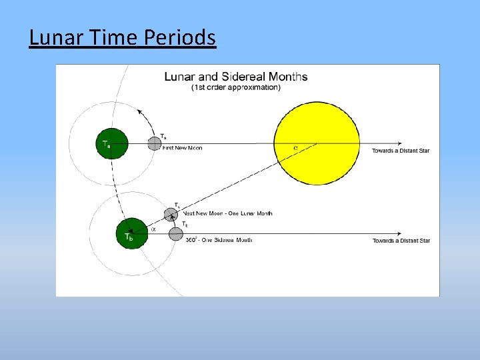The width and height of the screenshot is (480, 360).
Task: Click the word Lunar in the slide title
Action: click(54, 37)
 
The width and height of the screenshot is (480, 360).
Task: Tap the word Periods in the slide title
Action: click(180, 37)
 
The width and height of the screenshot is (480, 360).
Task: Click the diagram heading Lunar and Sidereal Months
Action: click(236, 77)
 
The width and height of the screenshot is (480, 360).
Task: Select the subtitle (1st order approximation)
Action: click(236, 87)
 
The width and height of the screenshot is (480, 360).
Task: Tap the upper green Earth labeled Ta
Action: click(111, 143)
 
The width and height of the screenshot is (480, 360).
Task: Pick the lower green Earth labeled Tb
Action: click(131, 233)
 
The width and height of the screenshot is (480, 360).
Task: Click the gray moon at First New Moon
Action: click(154, 143)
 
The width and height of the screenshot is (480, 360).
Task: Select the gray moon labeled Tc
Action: click(171, 215)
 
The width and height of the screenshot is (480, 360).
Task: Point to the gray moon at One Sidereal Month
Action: click(175, 233)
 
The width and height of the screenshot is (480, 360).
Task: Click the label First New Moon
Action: click(183, 148)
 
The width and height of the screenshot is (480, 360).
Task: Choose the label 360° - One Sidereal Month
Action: click(219, 240)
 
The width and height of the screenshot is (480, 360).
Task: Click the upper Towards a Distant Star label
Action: click(400, 151)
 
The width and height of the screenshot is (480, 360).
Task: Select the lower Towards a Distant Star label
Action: click(401, 241)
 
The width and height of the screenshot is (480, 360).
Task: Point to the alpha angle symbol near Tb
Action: click(153, 228)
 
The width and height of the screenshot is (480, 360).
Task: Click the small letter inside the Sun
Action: click(295, 148)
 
